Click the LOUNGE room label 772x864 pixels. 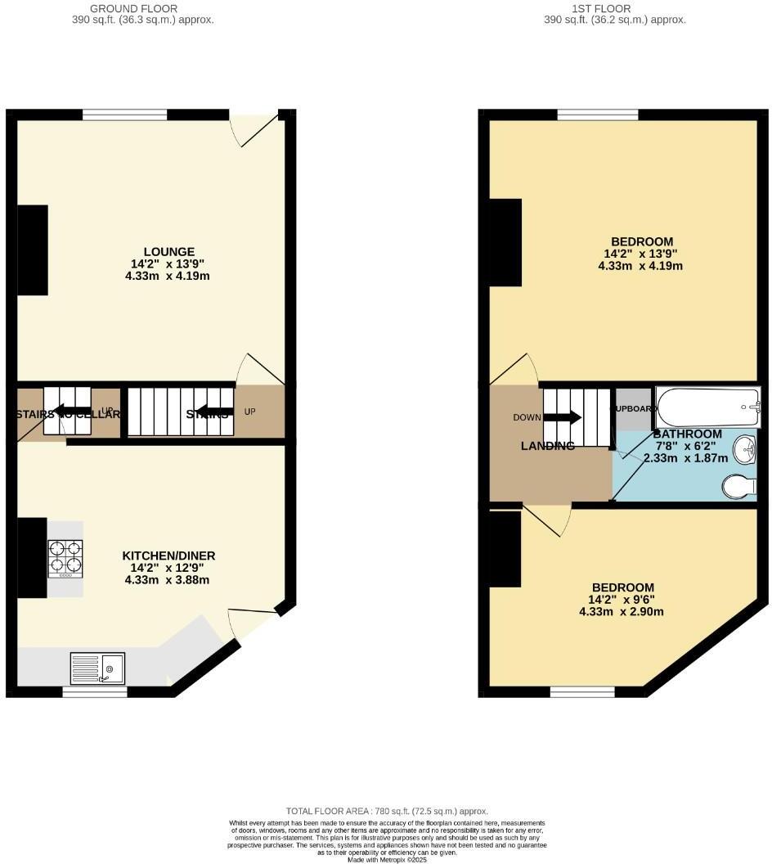[x=169, y=251]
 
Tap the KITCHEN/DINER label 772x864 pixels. [x=169, y=556]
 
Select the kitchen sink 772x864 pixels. [x=97, y=668]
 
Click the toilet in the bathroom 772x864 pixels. [x=739, y=486]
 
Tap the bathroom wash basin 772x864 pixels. [x=744, y=449]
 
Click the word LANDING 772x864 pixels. [x=548, y=446]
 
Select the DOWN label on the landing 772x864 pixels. [x=527, y=417]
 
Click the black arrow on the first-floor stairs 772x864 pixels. [x=563, y=417]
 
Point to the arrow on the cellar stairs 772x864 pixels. [x=73, y=412]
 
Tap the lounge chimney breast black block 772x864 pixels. [x=33, y=250]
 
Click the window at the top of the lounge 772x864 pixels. [x=124, y=115]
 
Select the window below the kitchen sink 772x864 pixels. [x=95, y=692]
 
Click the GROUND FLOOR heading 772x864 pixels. [x=143, y=9]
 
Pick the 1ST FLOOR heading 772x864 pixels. [x=615, y=9]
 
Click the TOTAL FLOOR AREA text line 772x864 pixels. [x=387, y=810]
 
